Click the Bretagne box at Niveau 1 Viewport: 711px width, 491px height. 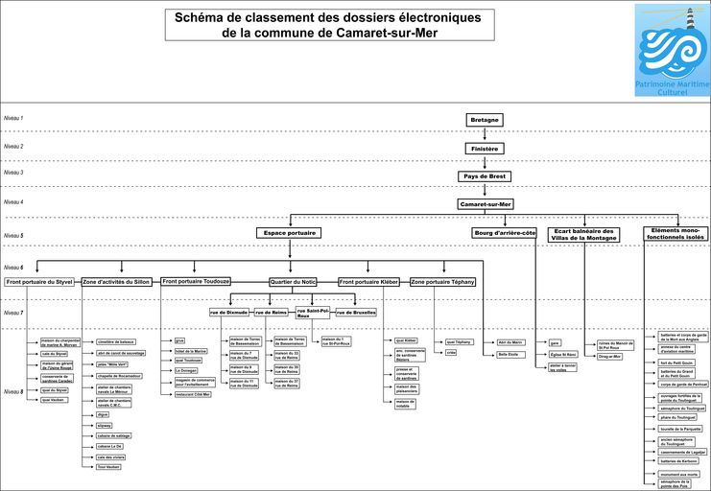click(x=485, y=120)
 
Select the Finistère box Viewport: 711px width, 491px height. click(x=485, y=149)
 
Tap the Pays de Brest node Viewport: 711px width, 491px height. click(x=485, y=176)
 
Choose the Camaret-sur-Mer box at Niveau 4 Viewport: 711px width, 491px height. click(x=485, y=204)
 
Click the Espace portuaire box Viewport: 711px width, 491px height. click(x=288, y=233)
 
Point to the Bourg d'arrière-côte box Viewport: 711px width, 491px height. click(x=505, y=233)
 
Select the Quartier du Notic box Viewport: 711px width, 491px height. click(x=293, y=282)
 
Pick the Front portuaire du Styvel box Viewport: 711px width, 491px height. click(x=39, y=282)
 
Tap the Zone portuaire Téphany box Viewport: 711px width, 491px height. click(x=442, y=282)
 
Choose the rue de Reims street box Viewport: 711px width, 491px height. click(x=271, y=313)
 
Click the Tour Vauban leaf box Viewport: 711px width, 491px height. click(x=108, y=467)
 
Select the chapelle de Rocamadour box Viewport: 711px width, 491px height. click(x=119, y=376)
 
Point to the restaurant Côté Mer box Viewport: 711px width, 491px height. click(x=192, y=394)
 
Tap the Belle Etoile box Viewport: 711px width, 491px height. click(x=509, y=354)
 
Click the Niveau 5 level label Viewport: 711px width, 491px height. click(x=13, y=235)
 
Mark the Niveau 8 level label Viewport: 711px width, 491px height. click(x=13, y=392)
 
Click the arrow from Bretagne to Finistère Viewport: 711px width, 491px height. click(x=485, y=134)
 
